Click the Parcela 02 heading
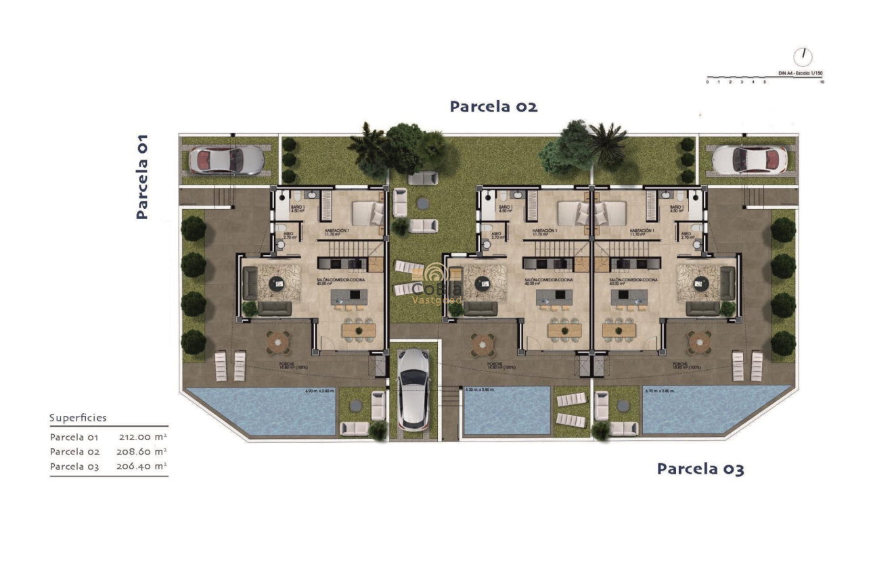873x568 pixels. (x=493, y=106)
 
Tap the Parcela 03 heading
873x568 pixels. (x=700, y=469)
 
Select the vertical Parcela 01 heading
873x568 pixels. (x=141, y=176)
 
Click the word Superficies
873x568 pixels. (x=78, y=418)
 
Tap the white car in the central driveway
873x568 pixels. (x=413, y=389)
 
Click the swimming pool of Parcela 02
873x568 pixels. (x=506, y=411)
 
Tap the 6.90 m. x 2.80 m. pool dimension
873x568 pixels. (x=320, y=391)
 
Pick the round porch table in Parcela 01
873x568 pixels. (x=277, y=341)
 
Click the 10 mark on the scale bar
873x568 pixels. (x=822, y=82)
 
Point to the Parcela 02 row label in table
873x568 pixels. (x=75, y=452)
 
